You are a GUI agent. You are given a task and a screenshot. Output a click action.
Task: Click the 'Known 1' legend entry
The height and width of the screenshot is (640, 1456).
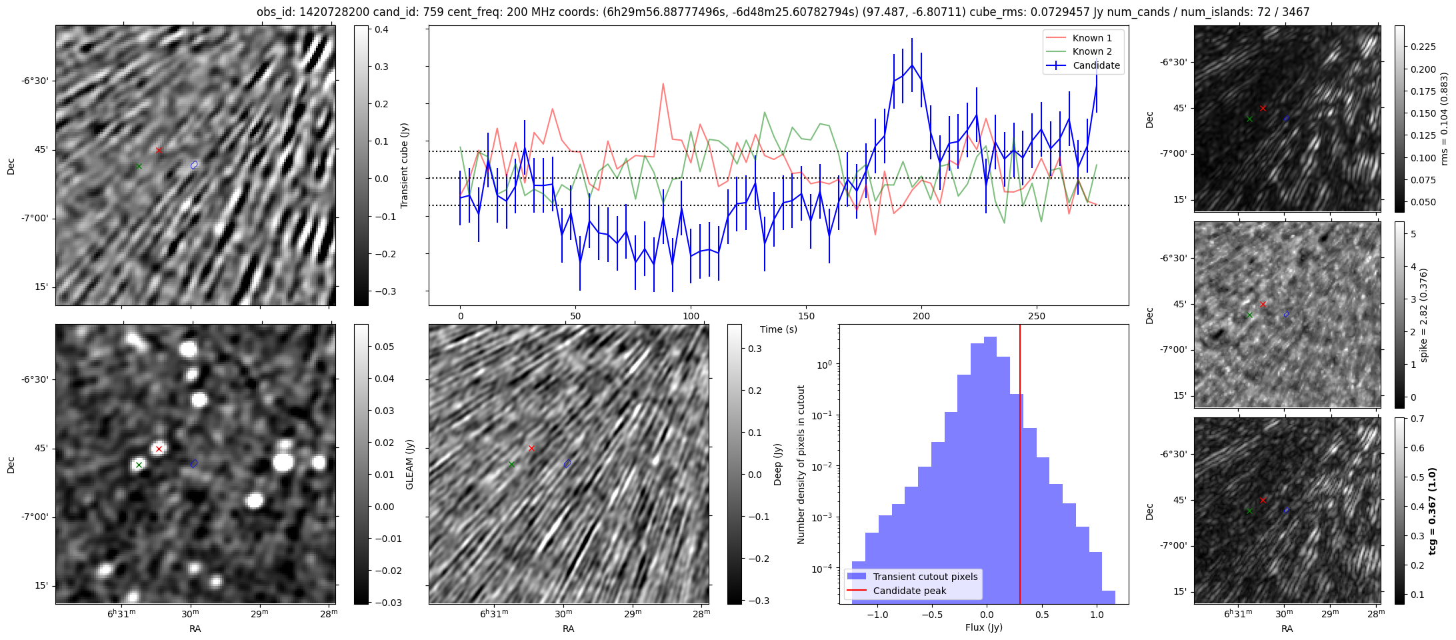[x=1091, y=38]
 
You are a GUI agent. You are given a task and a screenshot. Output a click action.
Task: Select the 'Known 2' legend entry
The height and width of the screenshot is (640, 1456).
[x=1091, y=51]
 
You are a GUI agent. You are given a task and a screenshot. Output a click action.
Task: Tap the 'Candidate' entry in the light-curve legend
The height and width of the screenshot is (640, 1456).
[x=1096, y=65]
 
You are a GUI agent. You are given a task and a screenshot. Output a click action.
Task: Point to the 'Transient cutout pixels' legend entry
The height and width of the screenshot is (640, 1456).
[x=925, y=577]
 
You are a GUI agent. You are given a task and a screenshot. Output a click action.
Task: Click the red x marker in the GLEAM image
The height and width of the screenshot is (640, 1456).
[x=159, y=449]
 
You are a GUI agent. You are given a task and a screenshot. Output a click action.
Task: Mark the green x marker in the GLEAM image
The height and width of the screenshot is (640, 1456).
[x=139, y=465]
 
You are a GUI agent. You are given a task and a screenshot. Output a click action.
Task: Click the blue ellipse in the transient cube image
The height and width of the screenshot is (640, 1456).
[x=194, y=165]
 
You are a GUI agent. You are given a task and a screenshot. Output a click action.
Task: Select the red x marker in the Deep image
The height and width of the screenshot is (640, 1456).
[x=531, y=448]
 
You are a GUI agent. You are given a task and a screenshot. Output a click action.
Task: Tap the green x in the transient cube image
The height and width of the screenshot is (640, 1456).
[x=139, y=166]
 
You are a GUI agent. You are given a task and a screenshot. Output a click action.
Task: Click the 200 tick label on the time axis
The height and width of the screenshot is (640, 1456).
[x=921, y=316]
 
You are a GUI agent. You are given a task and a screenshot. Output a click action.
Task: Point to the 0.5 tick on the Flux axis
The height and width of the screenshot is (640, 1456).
[x=1042, y=615]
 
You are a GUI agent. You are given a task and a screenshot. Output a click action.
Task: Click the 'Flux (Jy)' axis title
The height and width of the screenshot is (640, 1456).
[x=983, y=627]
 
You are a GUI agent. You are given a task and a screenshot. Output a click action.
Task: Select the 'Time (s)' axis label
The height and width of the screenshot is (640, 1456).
[x=778, y=329]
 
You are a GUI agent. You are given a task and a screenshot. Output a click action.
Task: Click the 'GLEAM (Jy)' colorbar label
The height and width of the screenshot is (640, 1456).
[x=409, y=464]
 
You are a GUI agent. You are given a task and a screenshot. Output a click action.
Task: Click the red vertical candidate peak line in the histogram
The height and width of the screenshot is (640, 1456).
[x=1020, y=467]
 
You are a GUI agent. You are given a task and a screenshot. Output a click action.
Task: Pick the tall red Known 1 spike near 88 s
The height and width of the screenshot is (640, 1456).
[x=663, y=85]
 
